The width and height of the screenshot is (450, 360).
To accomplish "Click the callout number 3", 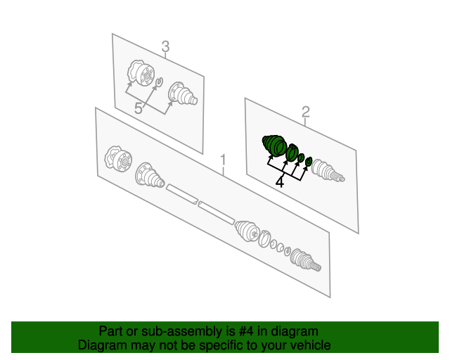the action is point(166,46).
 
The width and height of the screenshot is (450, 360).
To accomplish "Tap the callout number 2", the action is point(306,112).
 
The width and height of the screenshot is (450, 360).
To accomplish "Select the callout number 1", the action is point(223,160).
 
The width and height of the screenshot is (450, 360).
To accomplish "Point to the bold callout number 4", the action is point(280,183).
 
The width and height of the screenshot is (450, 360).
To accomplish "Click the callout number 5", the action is point(139,109).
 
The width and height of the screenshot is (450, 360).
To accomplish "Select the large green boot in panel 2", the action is point(274,145).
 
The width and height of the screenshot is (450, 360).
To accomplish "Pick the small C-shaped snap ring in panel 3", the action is point(160,82).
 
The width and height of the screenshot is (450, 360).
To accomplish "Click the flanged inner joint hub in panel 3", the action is point(141,72).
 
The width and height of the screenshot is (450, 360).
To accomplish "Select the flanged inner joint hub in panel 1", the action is point(118,158).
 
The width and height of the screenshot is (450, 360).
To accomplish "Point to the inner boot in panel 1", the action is point(150,175).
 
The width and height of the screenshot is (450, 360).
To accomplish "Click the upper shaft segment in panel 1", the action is point(182,194).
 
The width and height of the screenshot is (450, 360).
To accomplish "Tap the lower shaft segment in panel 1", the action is point(217,213).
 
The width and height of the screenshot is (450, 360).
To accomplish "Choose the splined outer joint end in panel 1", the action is point(305,260).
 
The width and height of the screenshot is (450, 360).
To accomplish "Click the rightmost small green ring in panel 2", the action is point(309,161).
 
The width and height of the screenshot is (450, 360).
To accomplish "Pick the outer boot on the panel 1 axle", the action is point(247,231).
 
